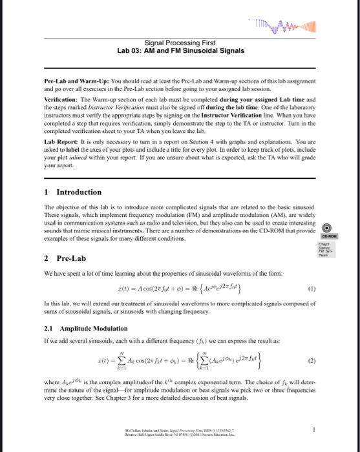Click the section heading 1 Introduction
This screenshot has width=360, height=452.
tap(73, 192)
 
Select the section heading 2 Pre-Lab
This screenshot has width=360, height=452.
tap(66, 258)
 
